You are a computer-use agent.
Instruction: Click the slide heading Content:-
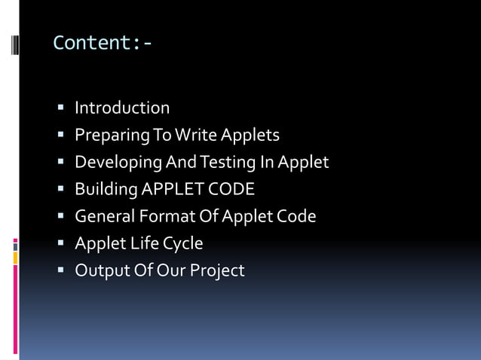[103, 43]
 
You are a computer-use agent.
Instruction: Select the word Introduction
[122, 108]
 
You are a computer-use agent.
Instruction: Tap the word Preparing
[106, 136]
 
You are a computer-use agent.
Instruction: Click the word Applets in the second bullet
[250, 136]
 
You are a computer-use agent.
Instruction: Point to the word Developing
[118, 163]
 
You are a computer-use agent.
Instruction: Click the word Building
[105, 190]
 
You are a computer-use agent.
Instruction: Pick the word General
[104, 216]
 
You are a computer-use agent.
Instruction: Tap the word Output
[100, 270]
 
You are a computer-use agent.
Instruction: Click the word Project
[218, 271]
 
